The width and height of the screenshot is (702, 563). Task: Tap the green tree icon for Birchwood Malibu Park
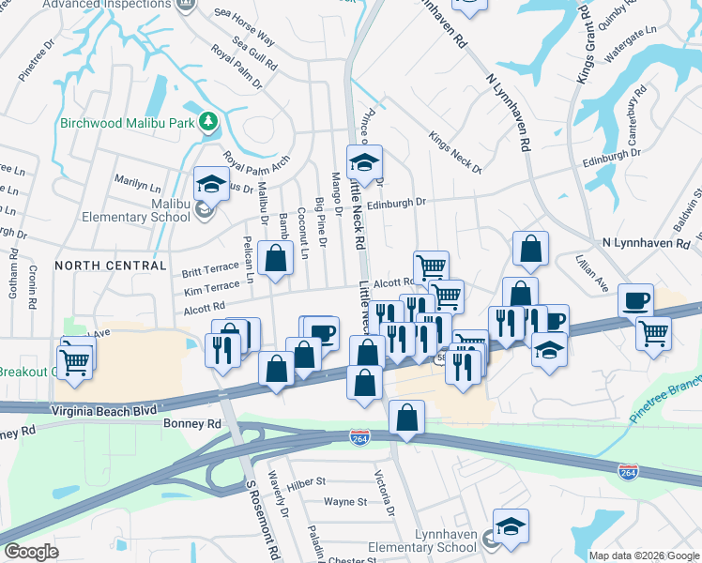[211, 122]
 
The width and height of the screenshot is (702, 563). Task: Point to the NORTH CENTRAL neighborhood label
[110, 266]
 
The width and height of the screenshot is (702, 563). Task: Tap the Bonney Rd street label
[191, 424]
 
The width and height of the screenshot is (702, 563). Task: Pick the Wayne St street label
[344, 502]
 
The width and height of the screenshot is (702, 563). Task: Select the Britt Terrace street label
[211, 269]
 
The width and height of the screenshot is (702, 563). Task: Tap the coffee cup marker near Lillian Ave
[636, 301]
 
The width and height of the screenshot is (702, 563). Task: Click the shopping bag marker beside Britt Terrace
[274, 259]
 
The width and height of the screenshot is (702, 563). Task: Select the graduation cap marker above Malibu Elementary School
[212, 183]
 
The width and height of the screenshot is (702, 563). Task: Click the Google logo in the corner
[31, 552]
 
